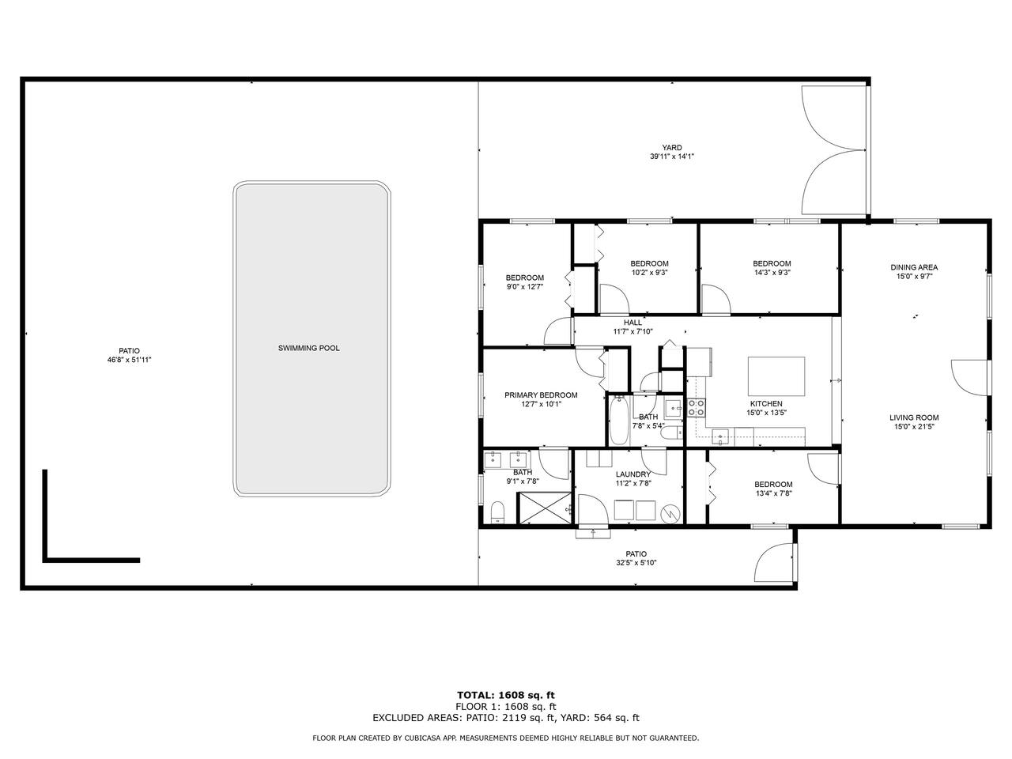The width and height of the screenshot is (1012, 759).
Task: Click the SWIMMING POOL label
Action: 308,348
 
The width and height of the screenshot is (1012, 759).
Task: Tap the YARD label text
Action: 672,148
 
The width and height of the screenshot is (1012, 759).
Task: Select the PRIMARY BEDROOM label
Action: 541,395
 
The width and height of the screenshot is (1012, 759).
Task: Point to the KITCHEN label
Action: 766,404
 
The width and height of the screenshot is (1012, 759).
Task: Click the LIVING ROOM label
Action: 914,417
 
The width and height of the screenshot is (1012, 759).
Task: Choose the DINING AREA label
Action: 914,267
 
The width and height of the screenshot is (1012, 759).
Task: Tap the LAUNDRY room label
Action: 633,474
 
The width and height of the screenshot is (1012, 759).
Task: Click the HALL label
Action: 632,323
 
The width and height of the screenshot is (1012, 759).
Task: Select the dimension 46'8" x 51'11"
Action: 129,360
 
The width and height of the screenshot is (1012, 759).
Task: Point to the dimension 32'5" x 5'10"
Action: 636,563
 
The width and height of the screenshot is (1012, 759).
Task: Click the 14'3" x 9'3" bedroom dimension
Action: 772,272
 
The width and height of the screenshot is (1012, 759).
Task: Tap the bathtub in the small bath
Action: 619,421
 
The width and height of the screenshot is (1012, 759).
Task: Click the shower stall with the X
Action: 546,508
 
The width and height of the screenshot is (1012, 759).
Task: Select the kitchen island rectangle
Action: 776,376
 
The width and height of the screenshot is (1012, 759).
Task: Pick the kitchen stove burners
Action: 697,407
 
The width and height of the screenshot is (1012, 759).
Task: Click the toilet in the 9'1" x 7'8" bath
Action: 497,512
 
